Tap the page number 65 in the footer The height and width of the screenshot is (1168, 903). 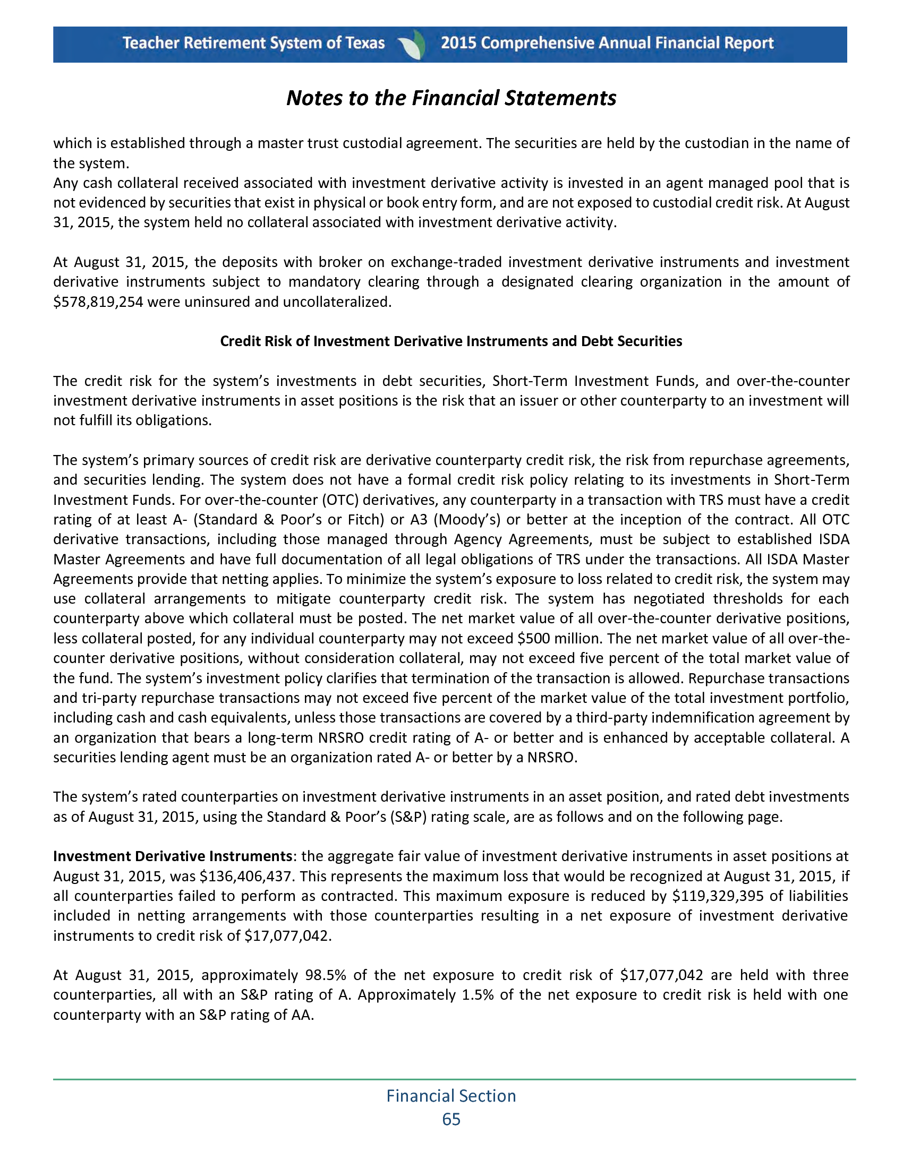click(x=451, y=1119)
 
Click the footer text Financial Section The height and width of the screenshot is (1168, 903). click(x=451, y=1096)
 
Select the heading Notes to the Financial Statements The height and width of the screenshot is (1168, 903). click(x=451, y=98)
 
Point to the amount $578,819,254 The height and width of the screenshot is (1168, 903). click(x=98, y=302)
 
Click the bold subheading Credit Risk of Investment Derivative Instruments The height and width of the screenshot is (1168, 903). click(x=451, y=341)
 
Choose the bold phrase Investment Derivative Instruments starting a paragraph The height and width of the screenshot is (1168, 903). click(x=172, y=856)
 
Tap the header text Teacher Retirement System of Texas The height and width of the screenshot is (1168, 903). click(x=253, y=44)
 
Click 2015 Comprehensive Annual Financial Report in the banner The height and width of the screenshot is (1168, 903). click(x=607, y=44)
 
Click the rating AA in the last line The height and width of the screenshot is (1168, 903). click(x=301, y=1015)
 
